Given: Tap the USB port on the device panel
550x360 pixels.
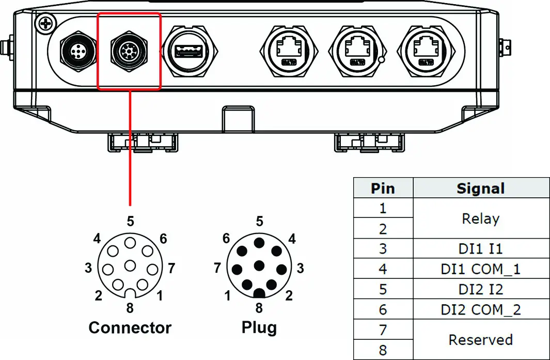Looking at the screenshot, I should (x=190, y=51).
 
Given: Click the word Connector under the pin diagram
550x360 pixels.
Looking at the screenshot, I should (x=130, y=327).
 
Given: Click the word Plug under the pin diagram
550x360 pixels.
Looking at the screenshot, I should (x=259, y=327).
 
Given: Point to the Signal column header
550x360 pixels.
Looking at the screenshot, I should (x=480, y=189).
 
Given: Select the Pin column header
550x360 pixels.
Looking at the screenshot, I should (x=383, y=189).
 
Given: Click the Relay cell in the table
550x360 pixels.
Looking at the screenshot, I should (x=480, y=218).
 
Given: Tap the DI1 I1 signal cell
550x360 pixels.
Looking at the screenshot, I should (x=480, y=248).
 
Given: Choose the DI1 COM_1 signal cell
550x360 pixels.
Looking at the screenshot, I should (x=480, y=269).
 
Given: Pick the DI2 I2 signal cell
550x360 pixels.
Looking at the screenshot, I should (x=480, y=289).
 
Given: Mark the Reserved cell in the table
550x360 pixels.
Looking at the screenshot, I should (x=480, y=339).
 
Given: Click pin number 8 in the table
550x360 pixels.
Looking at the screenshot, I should (x=383, y=350).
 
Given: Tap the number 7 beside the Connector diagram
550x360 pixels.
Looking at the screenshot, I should (x=171, y=268).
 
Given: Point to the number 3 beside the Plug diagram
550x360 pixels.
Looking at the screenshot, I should (x=301, y=268).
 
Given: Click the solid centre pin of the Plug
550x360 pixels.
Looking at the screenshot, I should (x=259, y=265).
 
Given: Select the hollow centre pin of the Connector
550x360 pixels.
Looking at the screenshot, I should (x=130, y=265).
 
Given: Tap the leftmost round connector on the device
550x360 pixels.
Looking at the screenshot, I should (x=76, y=52).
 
